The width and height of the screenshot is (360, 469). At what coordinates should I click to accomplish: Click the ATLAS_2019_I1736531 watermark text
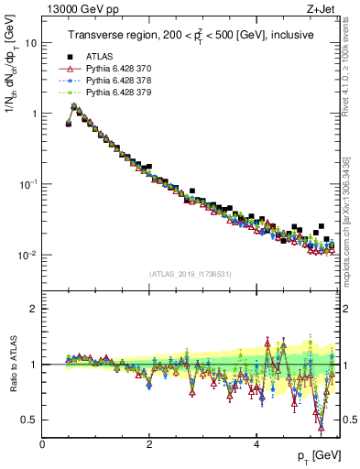pos(191,274)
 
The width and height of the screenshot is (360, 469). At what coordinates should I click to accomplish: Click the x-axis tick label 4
pos(256,443)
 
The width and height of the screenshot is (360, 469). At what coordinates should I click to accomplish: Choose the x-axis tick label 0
pos(42,443)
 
